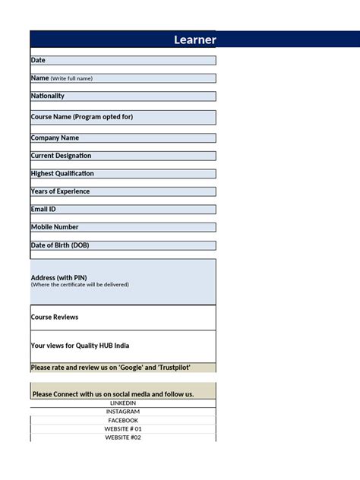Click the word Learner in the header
(x=194, y=39)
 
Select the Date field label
(x=38, y=60)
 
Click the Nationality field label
(x=48, y=96)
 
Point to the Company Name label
(x=55, y=138)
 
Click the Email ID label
(x=43, y=209)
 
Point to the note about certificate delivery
(x=80, y=285)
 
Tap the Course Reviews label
(x=55, y=317)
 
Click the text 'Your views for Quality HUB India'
(x=80, y=346)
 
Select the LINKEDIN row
(x=123, y=403)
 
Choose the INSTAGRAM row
(x=123, y=412)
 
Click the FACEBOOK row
(x=123, y=420)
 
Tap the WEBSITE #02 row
(x=123, y=437)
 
